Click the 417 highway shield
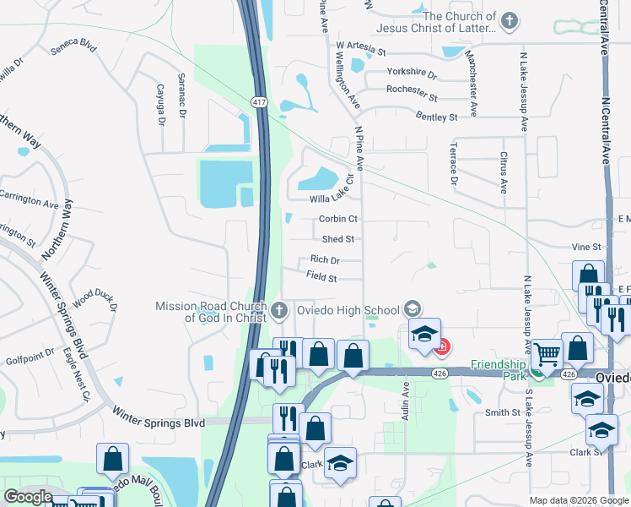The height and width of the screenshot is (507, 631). point(259,101)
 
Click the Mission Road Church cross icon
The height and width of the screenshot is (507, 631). point(280,310)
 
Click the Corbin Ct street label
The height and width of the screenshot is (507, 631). point(339,219)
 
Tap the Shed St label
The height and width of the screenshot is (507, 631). point(337,239)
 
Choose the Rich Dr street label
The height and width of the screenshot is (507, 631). point(325,260)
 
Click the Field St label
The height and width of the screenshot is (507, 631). point(321,277)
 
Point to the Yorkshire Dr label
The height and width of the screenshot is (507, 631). point(412,74)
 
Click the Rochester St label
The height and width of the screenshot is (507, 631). point(411,89)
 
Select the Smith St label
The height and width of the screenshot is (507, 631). point(502,412)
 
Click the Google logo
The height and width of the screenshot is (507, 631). point(28,497)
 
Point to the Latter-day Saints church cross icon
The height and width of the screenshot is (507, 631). point(509,21)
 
